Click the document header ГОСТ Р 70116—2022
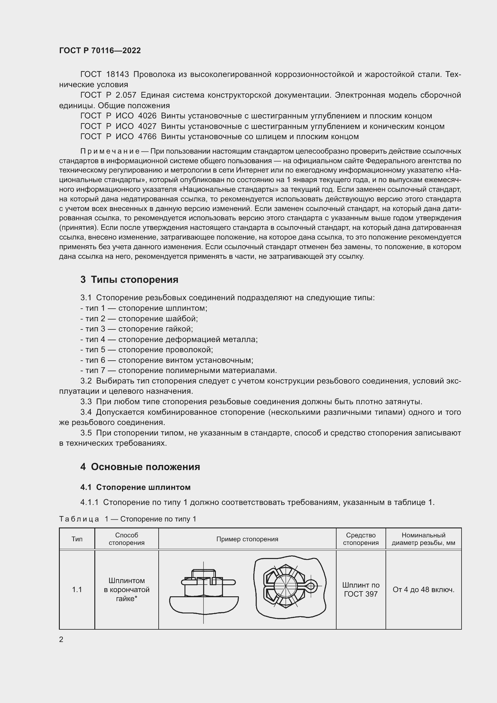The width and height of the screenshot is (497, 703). pyautogui.click(x=100, y=50)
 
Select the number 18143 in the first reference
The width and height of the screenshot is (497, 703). pyautogui.click(x=117, y=75)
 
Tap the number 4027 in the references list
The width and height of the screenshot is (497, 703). pyautogui.click(x=147, y=126)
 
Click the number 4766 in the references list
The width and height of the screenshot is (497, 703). pyautogui.click(x=147, y=136)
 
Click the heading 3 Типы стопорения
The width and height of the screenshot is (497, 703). pyautogui.click(x=129, y=280)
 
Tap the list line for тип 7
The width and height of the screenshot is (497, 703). pyautogui.click(x=178, y=371)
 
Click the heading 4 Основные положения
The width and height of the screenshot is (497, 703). pyautogui.click(x=140, y=467)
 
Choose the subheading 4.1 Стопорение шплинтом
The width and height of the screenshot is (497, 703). pyautogui.click(x=135, y=487)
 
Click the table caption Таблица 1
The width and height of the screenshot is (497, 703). pyautogui.click(x=127, y=519)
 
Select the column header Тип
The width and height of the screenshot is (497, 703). pyautogui.click(x=77, y=539)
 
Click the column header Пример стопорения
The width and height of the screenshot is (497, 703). pyautogui.click(x=247, y=539)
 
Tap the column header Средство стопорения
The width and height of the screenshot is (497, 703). pyautogui.click(x=361, y=539)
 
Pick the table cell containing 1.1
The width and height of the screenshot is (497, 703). pyautogui.click(x=77, y=589)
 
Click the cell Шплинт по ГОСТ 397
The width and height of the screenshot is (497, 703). pyautogui.click(x=361, y=589)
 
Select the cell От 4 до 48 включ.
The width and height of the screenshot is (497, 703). pyautogui.click(x=423, y=589)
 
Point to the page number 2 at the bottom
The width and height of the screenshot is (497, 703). pyautogui.click(x=61, y=640)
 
